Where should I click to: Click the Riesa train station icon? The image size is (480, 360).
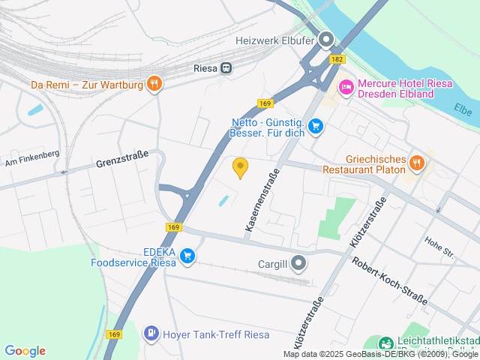click(x=225, y=67)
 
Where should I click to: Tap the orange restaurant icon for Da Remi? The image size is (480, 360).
click(x=154, y=83)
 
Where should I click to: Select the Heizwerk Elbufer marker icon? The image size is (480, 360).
click(x=326, y=39)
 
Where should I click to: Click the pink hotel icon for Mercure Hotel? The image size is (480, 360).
click(x=346, y=88)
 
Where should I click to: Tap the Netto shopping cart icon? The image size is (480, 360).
click(x=316, y=126)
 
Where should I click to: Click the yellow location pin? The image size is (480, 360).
click(x=240, y=168)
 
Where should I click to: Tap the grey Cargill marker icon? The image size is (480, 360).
click(x=299, y=262)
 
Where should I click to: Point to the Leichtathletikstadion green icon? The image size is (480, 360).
click(x=385, y=343)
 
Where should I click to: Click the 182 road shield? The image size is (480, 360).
click(x=337, y=58)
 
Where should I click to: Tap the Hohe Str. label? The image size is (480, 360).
click(x=439, y=247)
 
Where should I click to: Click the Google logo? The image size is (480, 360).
click(x=25, y=351)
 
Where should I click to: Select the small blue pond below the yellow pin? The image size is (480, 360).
click(x=223, y=201)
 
